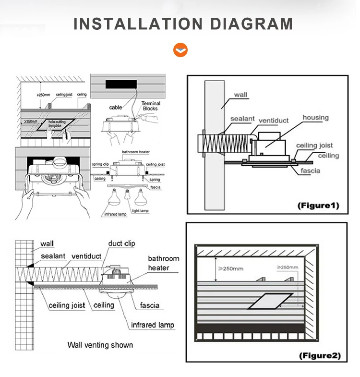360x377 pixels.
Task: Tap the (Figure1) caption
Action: [318, 206]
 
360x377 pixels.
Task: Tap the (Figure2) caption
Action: [320, 355]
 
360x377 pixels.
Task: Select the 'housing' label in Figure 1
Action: [315, 118]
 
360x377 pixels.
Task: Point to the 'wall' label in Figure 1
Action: [241, 95]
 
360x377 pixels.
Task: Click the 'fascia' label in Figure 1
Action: [311, 170]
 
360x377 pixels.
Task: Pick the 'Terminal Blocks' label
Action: [151, 106]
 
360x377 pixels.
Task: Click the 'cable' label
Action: [116, 108]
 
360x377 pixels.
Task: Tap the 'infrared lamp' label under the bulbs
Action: [115, 214]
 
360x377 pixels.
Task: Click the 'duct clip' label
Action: [122, 243]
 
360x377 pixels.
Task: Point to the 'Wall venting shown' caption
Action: [100, 345]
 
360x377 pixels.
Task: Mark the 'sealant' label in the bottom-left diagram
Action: [53, 256]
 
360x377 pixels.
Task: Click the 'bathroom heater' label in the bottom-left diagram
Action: [163, 263]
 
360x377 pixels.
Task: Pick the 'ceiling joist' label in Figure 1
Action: [314, 146]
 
